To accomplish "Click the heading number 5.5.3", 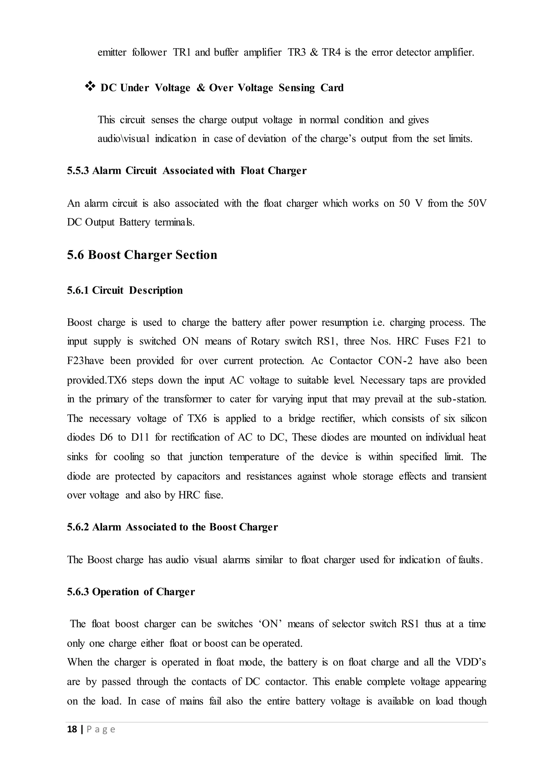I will [78, 170].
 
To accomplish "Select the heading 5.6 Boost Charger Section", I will [142, 255].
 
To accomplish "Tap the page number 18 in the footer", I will [72, 729].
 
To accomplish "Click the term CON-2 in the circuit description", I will [395, 361].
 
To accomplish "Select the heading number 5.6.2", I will [78, 527].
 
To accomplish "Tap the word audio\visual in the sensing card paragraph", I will [124, 139].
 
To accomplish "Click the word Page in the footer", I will [101, 729].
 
